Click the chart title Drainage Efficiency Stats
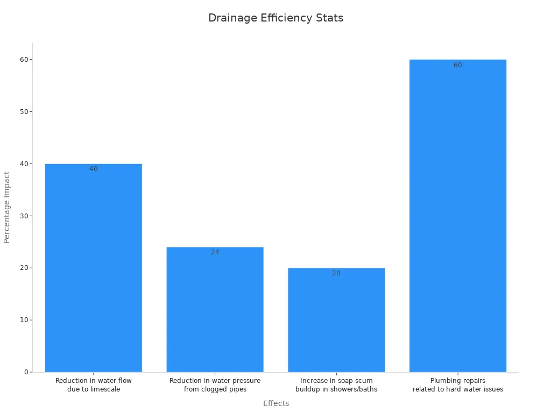(x=275, y=18)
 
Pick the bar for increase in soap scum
(x=336, y=323)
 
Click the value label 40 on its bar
(x=94, y=169)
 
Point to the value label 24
(x=215, y=252)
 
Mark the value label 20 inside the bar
(x=336, y=273)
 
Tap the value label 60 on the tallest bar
(x=458, y=65)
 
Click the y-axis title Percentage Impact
(x=7, y=207)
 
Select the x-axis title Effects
(x=275, y=403)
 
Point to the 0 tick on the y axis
(x=25, y=372)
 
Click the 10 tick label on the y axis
(x=24, y=320)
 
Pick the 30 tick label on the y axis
(x=24, y=216)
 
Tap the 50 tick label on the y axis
(x=24, y=111)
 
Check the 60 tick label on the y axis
(x=24, y=59)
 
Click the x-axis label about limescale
(x=94, y=385)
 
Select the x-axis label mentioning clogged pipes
(x=215, y=385)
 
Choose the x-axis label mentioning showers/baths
(x=336, y=385)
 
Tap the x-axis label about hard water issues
(x=458, y=385)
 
